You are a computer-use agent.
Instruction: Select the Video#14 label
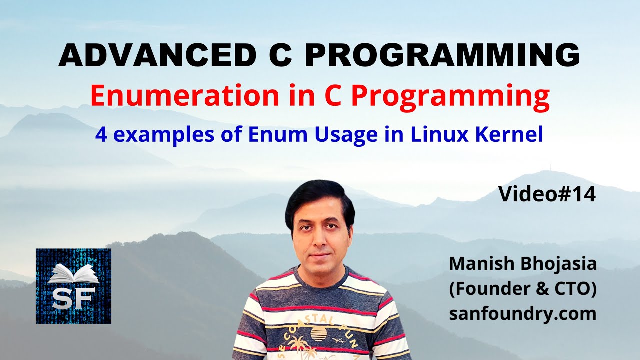(x=547, y=195)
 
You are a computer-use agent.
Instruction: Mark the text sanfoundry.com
(x=522, y=314)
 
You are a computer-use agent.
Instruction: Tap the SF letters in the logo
(x=73, y=298)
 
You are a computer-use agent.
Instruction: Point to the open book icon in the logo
(x=73, y=274)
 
